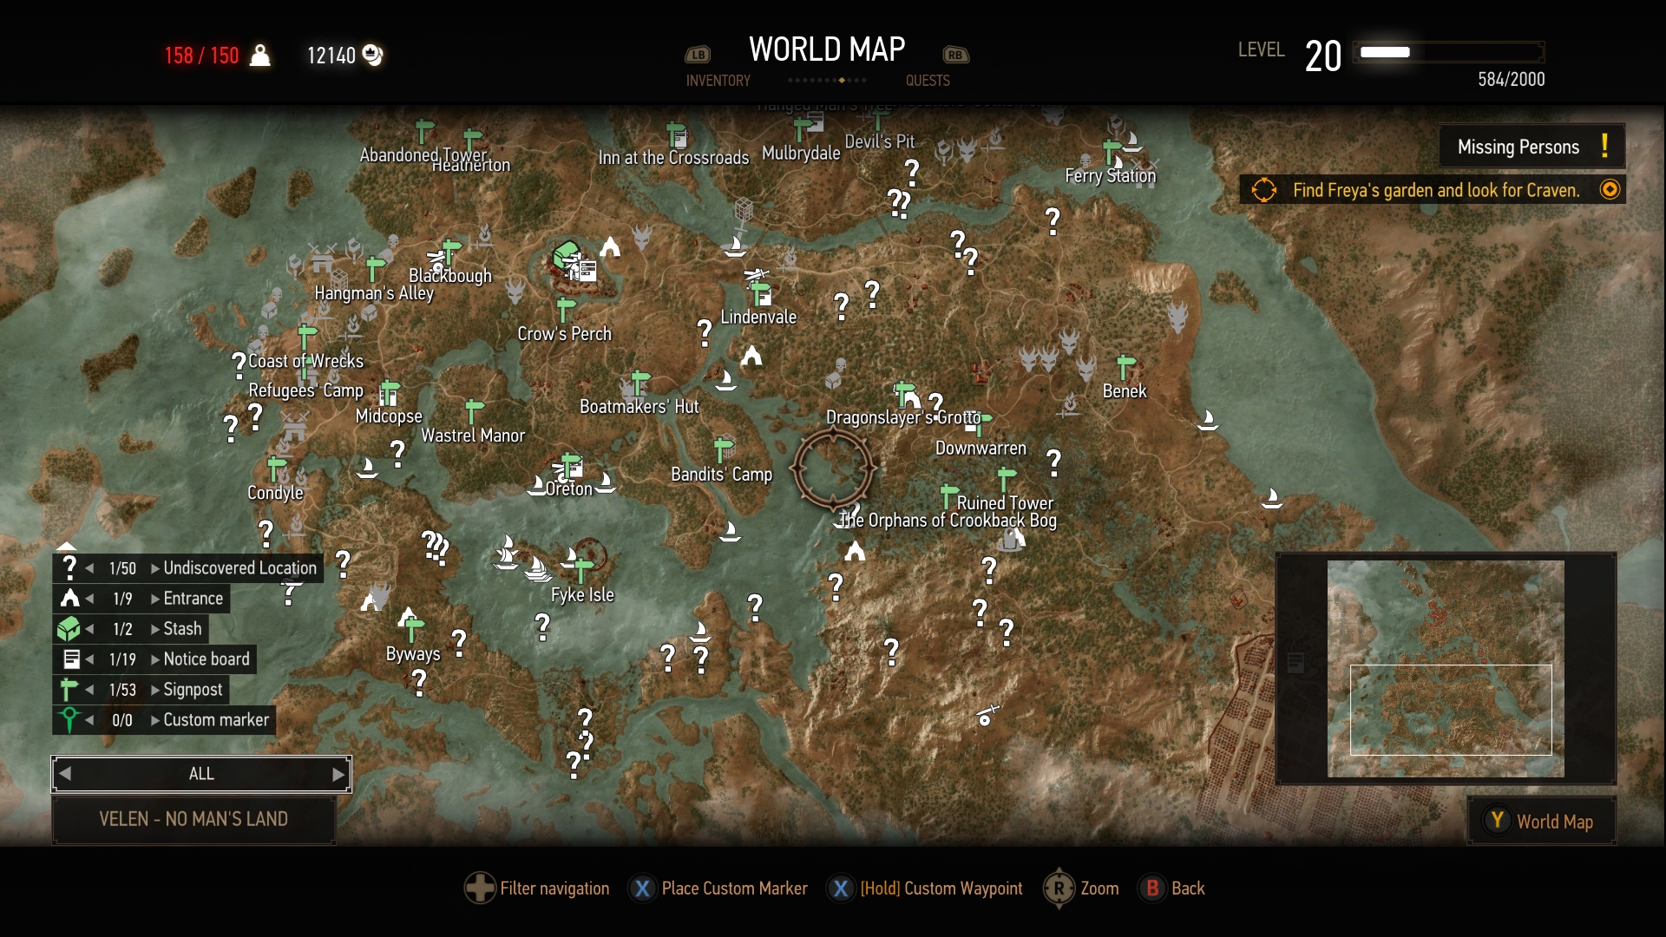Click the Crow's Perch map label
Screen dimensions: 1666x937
(564, 334)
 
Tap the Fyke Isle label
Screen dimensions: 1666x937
(582, 595)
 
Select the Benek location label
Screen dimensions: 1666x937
(1125, 391)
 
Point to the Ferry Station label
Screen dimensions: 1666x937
(1110, 176)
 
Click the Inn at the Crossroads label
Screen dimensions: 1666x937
(673, 158)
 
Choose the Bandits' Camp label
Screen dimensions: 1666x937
(721, 475)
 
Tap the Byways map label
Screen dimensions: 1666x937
(413, 654)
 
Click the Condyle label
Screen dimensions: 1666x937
(275, 493)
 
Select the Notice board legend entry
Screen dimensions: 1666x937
(206, 659)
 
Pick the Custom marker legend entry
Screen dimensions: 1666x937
(216, 720)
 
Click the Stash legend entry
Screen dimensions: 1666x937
(182, 629)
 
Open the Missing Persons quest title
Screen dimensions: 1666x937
(1518, 147)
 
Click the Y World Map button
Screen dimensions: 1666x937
(1542, 822)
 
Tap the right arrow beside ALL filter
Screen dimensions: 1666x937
(338, 775)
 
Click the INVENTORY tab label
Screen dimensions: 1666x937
(718, 81)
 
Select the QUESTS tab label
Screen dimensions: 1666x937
(928, 81)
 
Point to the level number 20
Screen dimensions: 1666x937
(1322, 57)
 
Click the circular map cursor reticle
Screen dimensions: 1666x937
(833, 469)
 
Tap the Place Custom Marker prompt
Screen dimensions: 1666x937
(734, 888)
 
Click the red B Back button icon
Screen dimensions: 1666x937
(1152, 888)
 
